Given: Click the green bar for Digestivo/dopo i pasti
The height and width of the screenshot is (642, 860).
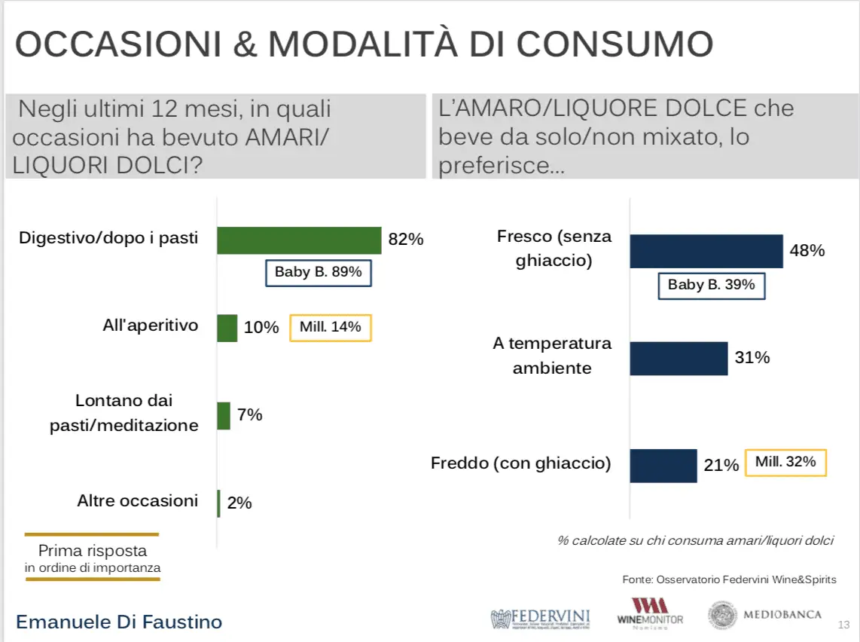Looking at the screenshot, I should [299, 240].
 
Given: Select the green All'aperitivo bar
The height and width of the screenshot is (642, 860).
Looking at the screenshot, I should [227, 328].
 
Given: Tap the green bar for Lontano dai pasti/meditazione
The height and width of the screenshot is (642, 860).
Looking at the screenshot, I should [224, 415].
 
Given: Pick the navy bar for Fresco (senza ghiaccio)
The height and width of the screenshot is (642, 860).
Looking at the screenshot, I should [706, 251].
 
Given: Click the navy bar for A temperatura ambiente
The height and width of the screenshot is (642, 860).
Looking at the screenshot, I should [679, 358].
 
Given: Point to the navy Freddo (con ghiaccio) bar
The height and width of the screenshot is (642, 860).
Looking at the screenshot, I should [663, 465].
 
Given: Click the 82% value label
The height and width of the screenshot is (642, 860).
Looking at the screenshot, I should [406, 240].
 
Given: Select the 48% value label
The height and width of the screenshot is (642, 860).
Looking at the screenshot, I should [807, 250].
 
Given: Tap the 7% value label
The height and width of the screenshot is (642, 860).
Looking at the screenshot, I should [250, 414].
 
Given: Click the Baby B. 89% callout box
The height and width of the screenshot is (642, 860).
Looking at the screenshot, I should [319, 273].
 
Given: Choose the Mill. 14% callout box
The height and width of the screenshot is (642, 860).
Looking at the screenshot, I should [331, 328].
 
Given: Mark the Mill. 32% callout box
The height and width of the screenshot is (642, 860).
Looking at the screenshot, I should [785, 462].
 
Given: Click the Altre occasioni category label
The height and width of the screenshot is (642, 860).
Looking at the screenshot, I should [138, 500].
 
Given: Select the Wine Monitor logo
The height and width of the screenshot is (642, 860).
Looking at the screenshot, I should [650, 612].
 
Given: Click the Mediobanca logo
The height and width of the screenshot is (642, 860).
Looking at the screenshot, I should [764, 615].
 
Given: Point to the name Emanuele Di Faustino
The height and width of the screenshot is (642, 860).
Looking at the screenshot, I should [119, 622].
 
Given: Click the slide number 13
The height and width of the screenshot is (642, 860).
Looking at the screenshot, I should [843, 625].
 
